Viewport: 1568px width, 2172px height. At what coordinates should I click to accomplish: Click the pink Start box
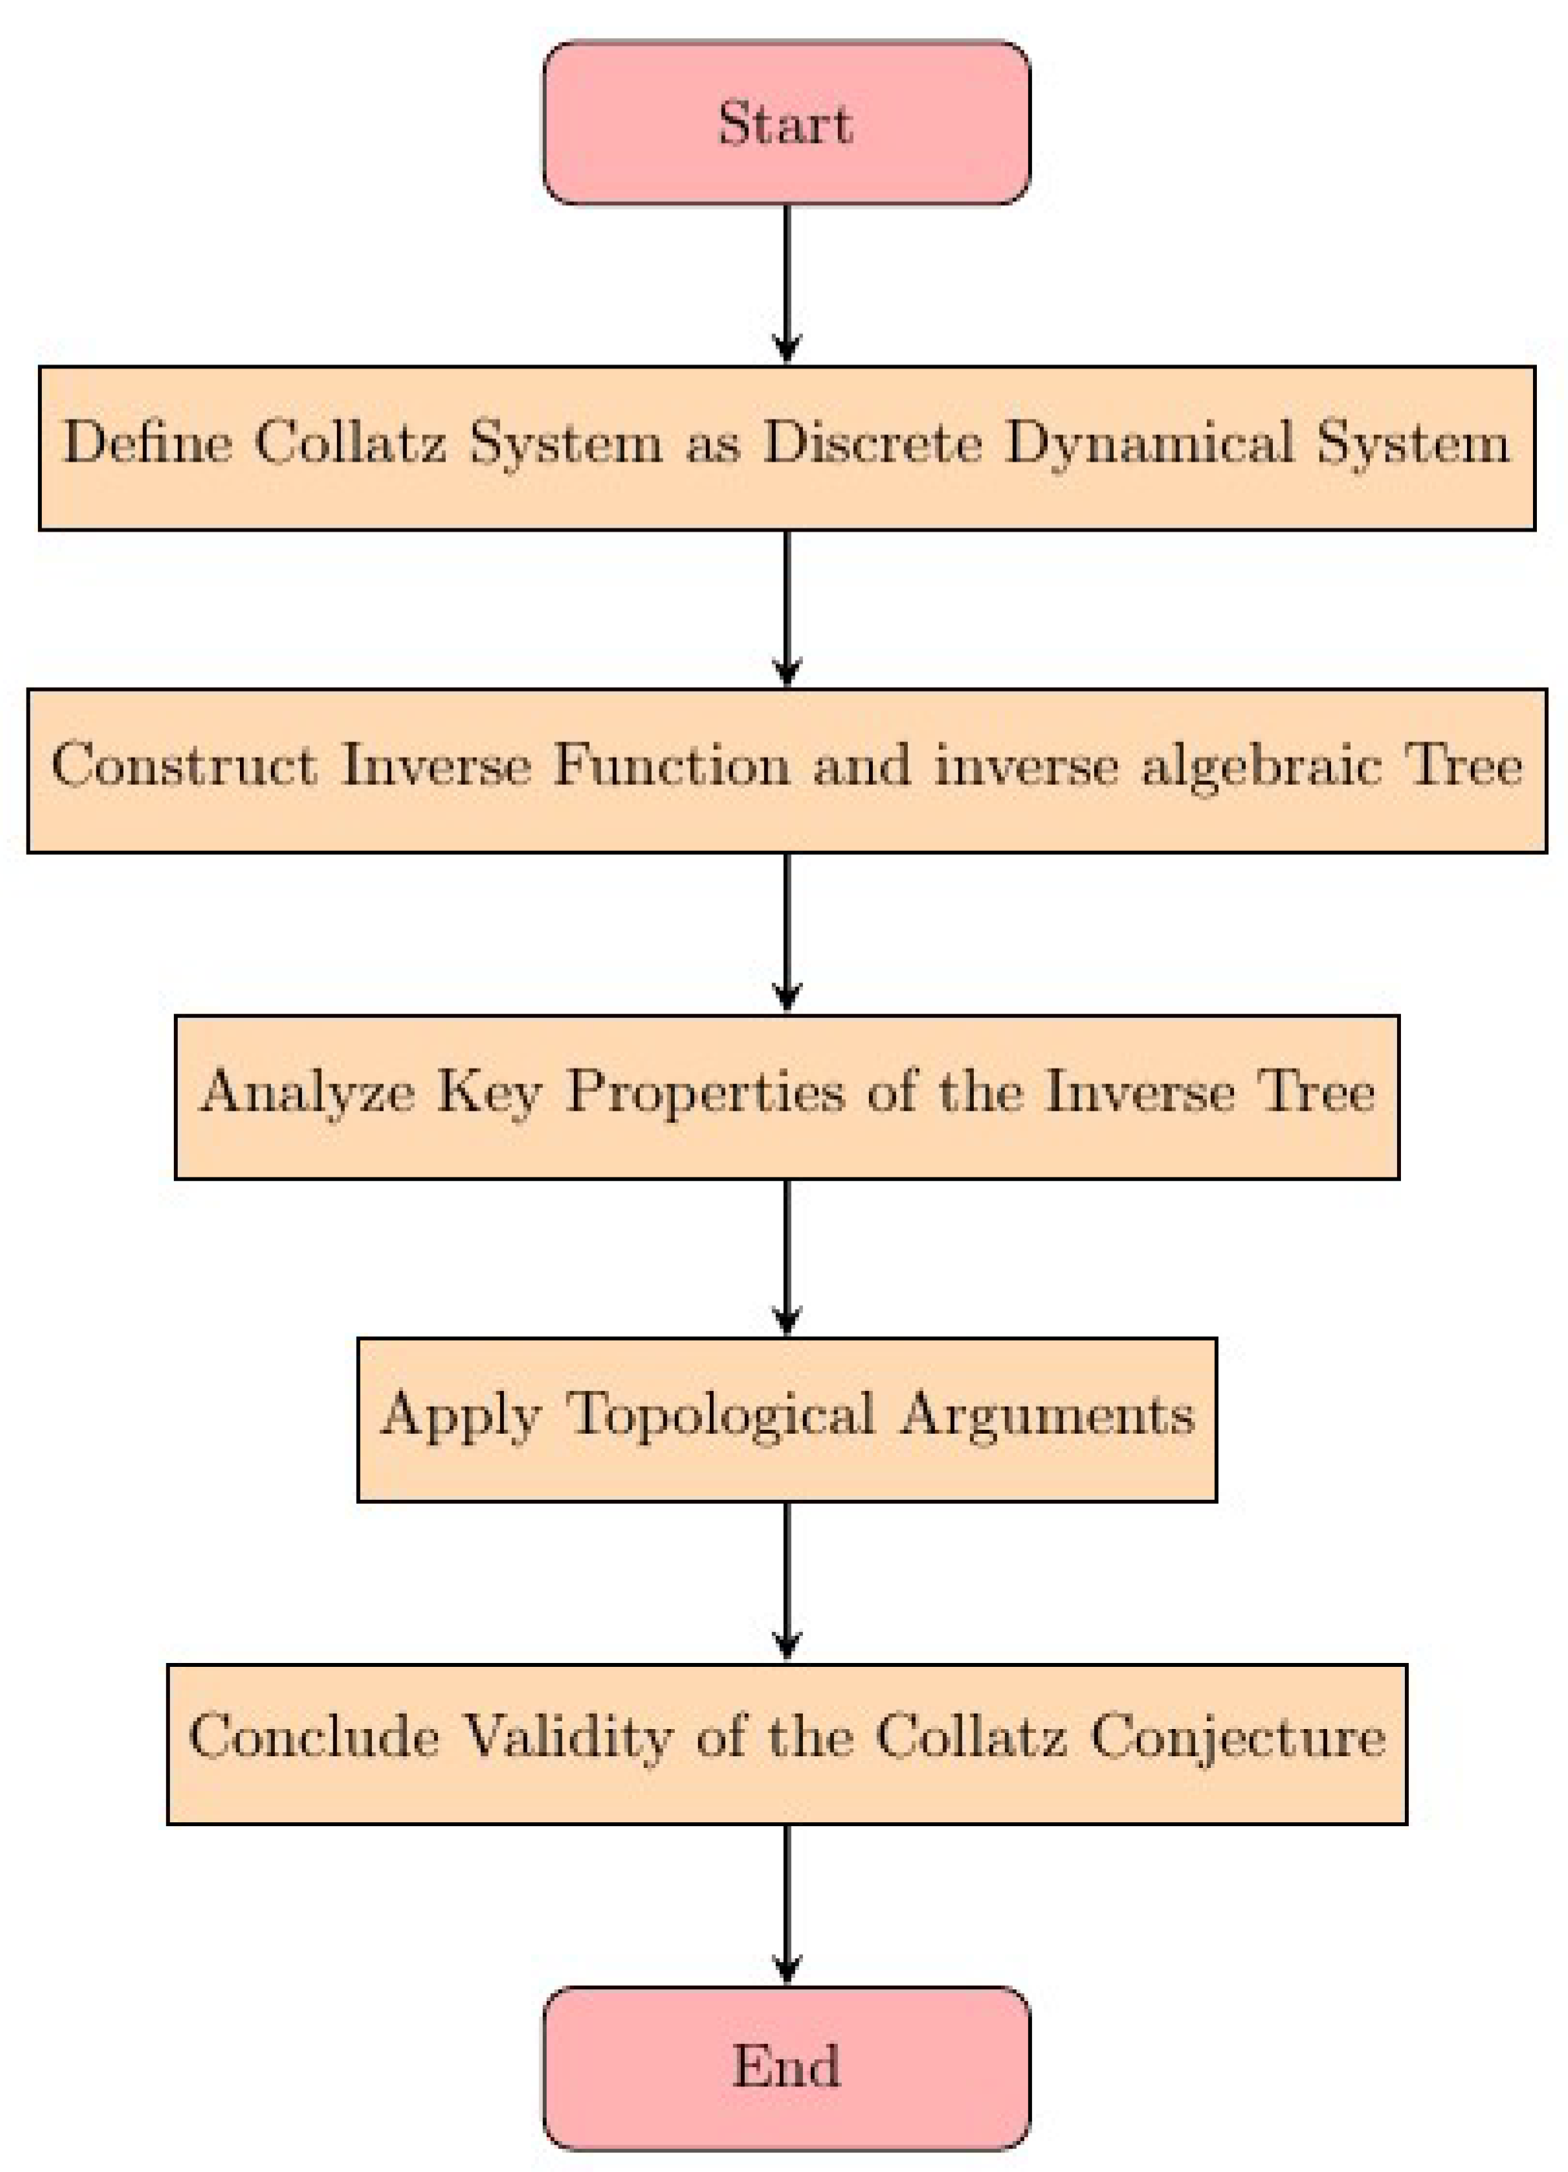[x=786, y=123]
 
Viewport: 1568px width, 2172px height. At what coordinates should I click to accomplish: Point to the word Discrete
[x=872, y=444]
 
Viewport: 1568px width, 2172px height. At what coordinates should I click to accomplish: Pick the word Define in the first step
[x=148, y=444]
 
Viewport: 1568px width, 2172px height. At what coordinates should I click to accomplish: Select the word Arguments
[x=1047, y=1415]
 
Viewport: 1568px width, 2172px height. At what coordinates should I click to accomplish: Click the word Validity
[x=567, y=1735]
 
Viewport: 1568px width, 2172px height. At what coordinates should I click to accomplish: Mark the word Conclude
[x=313, y=1735]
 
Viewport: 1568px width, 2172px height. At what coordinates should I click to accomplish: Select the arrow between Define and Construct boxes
[x=786, y=609]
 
